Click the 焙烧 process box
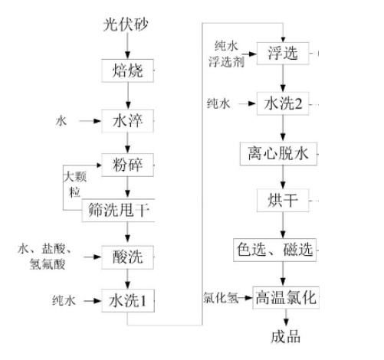(x=127, y=70)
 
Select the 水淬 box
(x=127, y=121)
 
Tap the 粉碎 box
(x=127, y=165)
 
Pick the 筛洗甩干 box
(x=118, y=210)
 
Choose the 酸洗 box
(x=127, y=257)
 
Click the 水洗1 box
(x=128, y=300)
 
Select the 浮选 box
(x=283, y=53)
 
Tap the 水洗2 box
(x=283, y=103)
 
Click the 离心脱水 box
(x=278, y=154)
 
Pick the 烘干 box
(x=283, y=201)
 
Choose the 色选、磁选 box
(x=275, y=250)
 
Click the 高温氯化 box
(x=286, y=298)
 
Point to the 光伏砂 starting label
(x=126, y=25)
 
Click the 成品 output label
(x=286, y=337)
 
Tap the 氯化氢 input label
(x=221, y=298)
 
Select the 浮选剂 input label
(x=226, y=62)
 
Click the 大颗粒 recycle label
(x=75, y=184)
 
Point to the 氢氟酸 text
(x=48, y=264)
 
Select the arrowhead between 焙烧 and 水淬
(x=128, y=106)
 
